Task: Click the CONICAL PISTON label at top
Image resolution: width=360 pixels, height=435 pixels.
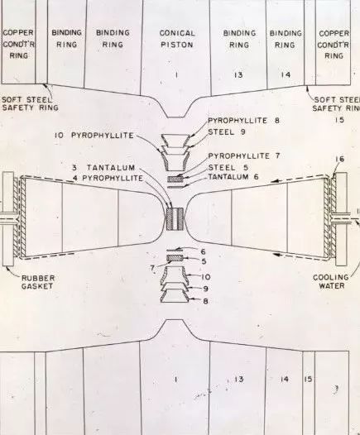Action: (x=177, y=39)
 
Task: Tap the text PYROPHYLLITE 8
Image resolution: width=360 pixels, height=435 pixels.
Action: (x=243, y=121)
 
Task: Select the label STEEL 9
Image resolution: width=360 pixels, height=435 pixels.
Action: (x=227, y=132)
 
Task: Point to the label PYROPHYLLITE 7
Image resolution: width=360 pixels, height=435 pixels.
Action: (x=244, y=156)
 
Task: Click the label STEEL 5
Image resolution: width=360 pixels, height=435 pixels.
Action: (x=228, y=168)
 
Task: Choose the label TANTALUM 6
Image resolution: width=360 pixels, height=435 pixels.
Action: (x=233, y=177)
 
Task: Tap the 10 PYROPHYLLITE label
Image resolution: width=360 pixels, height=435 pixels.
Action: (x=94, y=136)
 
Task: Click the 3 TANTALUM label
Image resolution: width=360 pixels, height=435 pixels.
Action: (x=103, y=168)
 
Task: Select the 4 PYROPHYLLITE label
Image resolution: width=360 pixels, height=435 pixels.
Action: (x=108, y=178)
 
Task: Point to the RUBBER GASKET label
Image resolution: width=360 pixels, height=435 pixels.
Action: (x=38, y=282)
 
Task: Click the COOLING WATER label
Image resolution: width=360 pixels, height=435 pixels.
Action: (x=331, y=281)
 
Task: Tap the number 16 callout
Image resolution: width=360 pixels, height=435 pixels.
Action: (x=340, y=159)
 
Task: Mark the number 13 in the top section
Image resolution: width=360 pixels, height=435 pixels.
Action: (x=238, y=75)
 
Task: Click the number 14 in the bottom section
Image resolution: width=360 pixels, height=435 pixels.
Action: (x=285, y=379)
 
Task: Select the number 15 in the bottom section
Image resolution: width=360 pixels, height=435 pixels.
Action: (x=308, y=379)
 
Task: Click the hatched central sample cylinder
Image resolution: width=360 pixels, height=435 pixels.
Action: (x=175, y=218)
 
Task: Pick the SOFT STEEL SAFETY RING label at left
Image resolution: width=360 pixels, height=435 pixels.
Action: (x=30, y=103)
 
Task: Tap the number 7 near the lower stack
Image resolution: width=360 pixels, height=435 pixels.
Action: (x=152, y=268)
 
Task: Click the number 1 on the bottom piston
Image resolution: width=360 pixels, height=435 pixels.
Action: (x=175, y=380)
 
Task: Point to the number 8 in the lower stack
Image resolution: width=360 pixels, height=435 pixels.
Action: (x=205, y=301)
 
